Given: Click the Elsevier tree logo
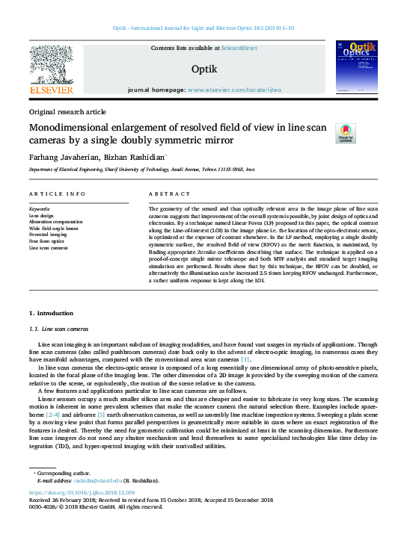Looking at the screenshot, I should (51, 65).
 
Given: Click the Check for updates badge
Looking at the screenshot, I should (346, 134).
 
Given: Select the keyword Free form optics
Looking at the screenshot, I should (46, 241).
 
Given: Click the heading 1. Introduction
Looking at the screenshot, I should (51, 311).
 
